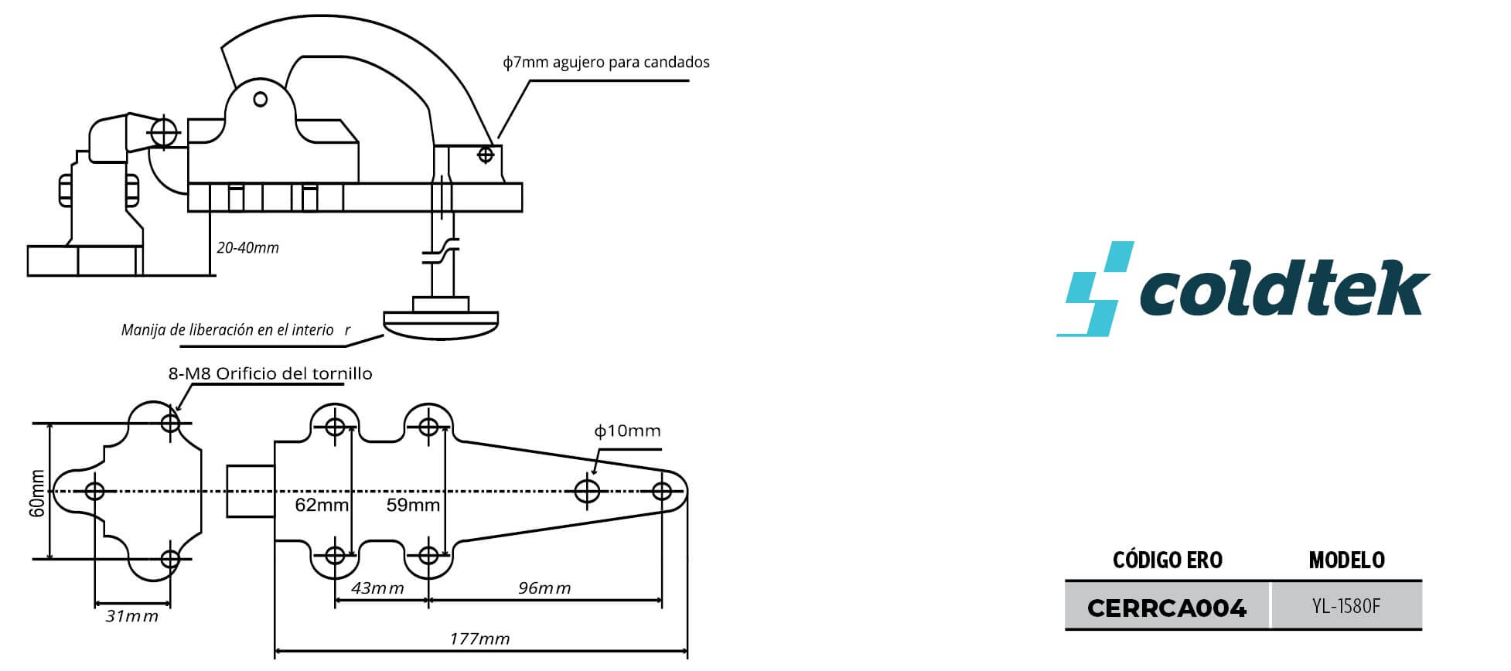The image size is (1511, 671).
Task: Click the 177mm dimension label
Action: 479,639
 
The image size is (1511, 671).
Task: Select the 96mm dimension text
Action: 544,588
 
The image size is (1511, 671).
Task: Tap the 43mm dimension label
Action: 377,588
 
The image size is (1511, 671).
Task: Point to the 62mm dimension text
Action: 322,506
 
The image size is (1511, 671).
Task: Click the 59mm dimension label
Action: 413,506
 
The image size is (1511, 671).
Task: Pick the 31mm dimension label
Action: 132,616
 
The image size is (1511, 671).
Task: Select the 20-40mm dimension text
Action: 247,248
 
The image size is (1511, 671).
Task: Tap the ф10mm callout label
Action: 627,431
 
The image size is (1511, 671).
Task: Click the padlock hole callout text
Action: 606,62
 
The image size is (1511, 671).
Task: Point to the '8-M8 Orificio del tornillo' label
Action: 271,374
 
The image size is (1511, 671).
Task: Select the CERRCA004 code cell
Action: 1167,608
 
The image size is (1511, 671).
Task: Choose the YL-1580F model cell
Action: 1346,607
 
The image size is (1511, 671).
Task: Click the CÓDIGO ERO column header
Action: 1168,560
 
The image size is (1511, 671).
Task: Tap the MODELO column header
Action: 1347,560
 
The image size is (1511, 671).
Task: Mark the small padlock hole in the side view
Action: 486,155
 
